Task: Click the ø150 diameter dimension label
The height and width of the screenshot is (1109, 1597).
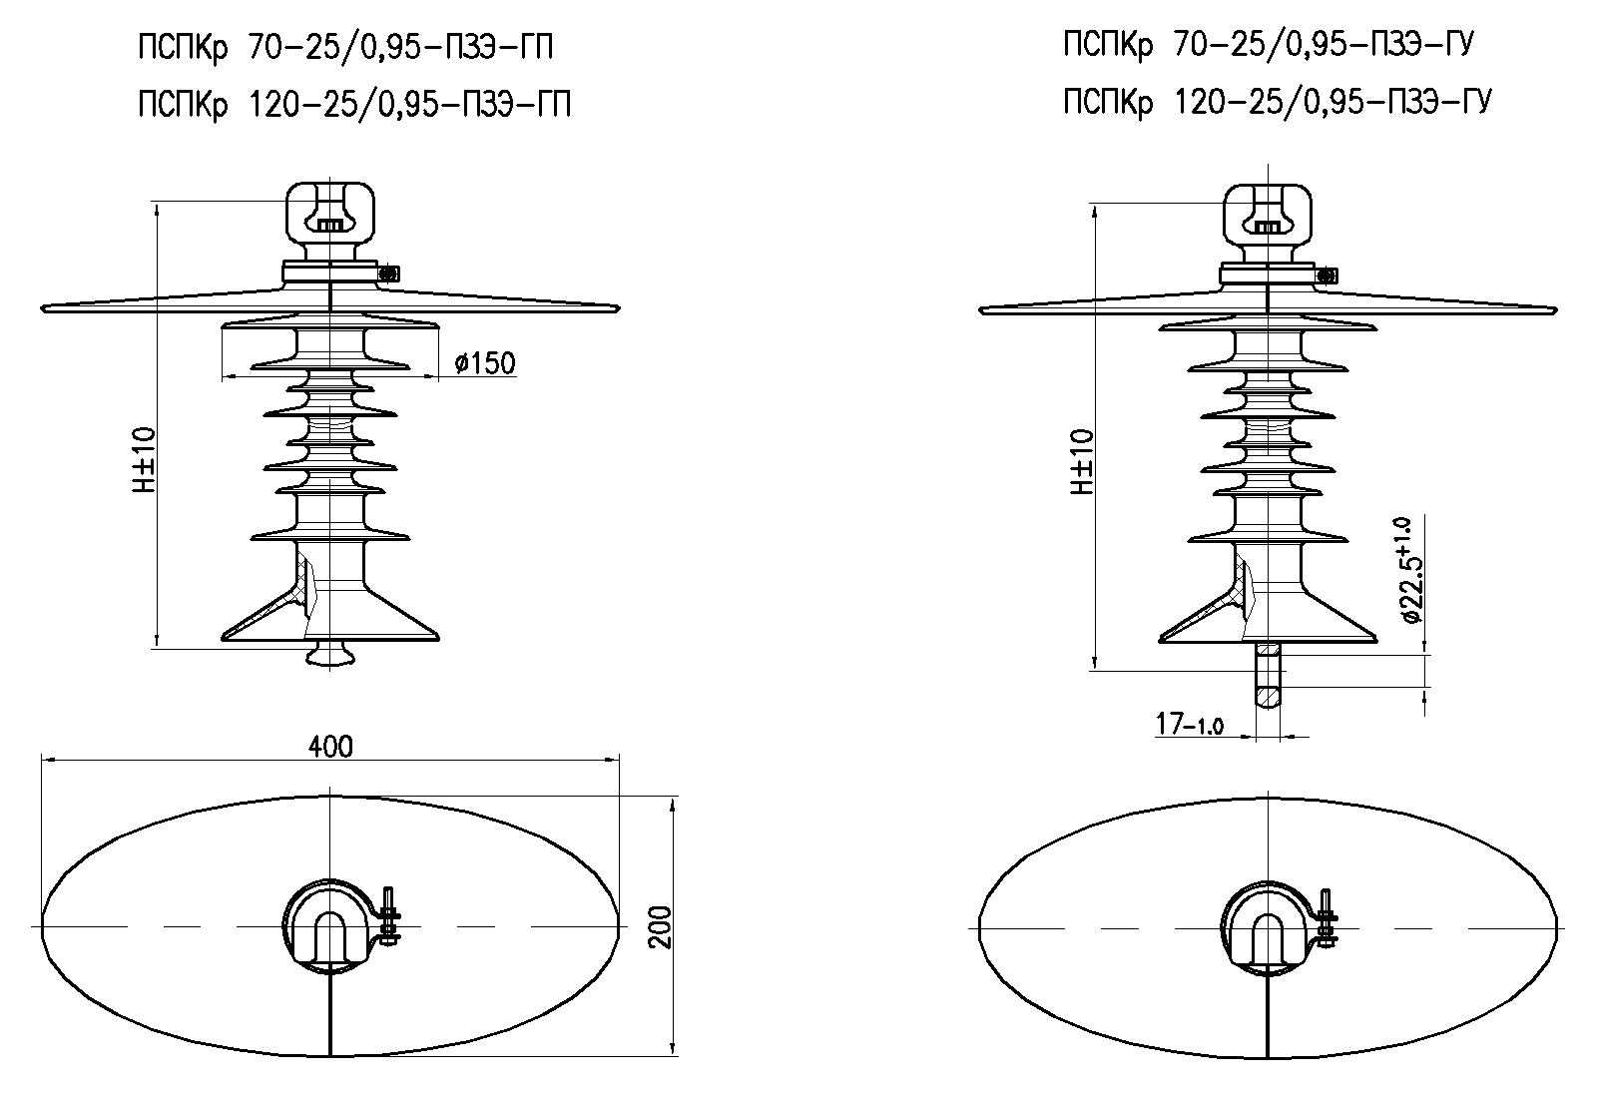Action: click(485, 362)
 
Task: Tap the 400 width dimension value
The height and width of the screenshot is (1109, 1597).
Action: click(330, 746)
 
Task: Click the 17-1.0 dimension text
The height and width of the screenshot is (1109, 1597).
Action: click(1190, 723)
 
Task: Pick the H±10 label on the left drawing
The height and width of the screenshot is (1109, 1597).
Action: click(145, 460)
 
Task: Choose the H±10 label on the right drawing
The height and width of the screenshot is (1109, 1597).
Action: click(1082, 462)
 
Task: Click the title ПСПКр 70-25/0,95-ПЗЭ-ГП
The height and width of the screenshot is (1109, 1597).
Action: click(345, 47)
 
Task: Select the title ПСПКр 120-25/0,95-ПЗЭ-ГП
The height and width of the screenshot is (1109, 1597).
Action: click(354, 103)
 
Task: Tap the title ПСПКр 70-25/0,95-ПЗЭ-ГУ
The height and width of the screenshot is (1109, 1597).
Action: click(1269, 45)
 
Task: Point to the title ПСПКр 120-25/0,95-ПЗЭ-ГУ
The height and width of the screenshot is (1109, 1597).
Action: click(1277, 101)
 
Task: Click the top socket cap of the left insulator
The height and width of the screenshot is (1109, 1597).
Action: click(330, 212)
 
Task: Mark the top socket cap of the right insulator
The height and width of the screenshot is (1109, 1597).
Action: click(1268, 212)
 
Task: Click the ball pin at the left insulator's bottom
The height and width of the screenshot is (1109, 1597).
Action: click(330, 653)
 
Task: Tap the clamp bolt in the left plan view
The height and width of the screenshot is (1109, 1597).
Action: click(389, 916)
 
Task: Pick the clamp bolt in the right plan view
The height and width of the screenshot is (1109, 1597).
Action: click(1327, 916)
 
